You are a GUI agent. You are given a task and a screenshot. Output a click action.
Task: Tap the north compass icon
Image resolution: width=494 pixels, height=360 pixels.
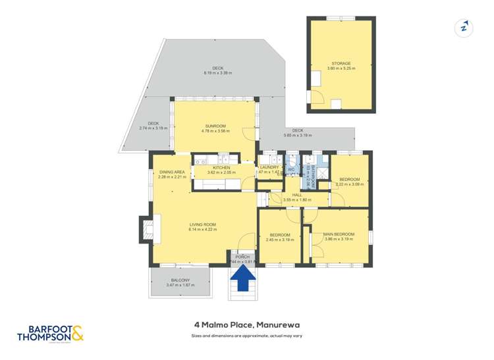[464, 28]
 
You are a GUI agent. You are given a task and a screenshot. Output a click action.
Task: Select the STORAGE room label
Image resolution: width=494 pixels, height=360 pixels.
[341, 64]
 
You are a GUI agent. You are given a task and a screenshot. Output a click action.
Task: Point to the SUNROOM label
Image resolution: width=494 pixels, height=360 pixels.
[215, 126]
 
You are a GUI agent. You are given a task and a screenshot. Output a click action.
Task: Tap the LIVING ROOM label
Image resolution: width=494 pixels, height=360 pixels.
[202, 224]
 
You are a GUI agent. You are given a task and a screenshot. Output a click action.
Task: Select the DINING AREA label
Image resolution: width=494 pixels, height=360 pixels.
[172, 172]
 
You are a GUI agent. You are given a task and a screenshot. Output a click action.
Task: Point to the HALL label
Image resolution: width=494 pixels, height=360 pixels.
[296, 195]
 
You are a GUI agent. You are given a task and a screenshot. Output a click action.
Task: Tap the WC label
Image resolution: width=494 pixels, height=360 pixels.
[290, 170]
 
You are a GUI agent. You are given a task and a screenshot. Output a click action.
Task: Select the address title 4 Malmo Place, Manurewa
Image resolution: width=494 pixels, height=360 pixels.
[246, 324]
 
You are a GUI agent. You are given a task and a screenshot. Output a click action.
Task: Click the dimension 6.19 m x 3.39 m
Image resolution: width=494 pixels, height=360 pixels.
[218, 73]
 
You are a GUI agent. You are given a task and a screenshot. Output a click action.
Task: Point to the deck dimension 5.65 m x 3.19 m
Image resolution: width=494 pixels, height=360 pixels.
[298, 135]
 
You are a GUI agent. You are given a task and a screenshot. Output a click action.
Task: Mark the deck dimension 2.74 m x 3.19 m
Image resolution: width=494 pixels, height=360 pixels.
[153, 128]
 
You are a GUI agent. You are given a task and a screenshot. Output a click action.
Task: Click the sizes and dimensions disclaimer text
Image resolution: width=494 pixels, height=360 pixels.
[246, 336]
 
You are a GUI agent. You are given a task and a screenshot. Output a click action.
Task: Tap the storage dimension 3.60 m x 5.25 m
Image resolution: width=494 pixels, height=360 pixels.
[341, 68]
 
